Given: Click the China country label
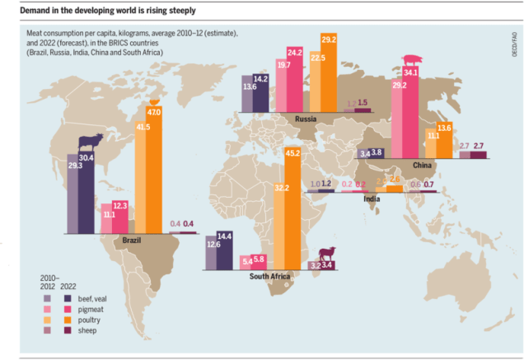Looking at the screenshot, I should [435, 164].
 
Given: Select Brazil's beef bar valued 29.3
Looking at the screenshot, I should [73, 199].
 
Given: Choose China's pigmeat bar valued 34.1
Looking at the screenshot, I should [409, 110].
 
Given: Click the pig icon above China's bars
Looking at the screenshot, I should [409, 60].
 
